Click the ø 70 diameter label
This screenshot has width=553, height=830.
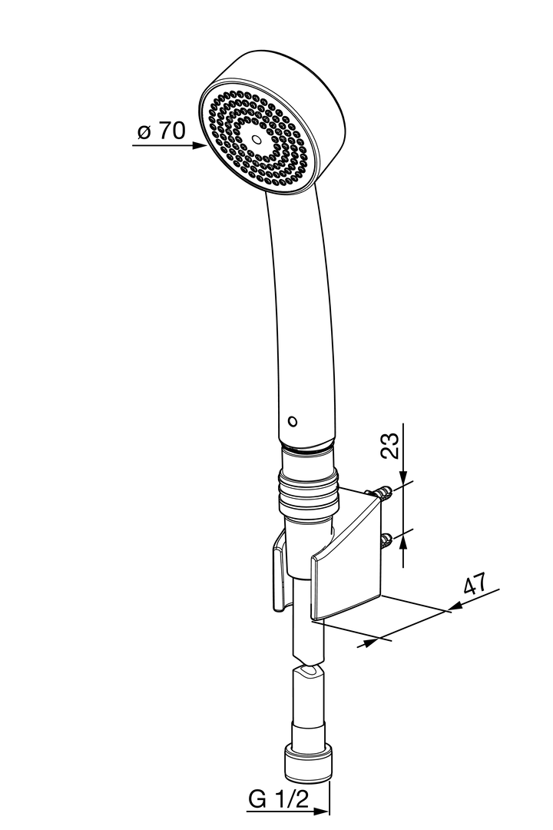161,130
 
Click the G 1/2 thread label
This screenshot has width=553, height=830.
278,798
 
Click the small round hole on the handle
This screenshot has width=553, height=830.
292,421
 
